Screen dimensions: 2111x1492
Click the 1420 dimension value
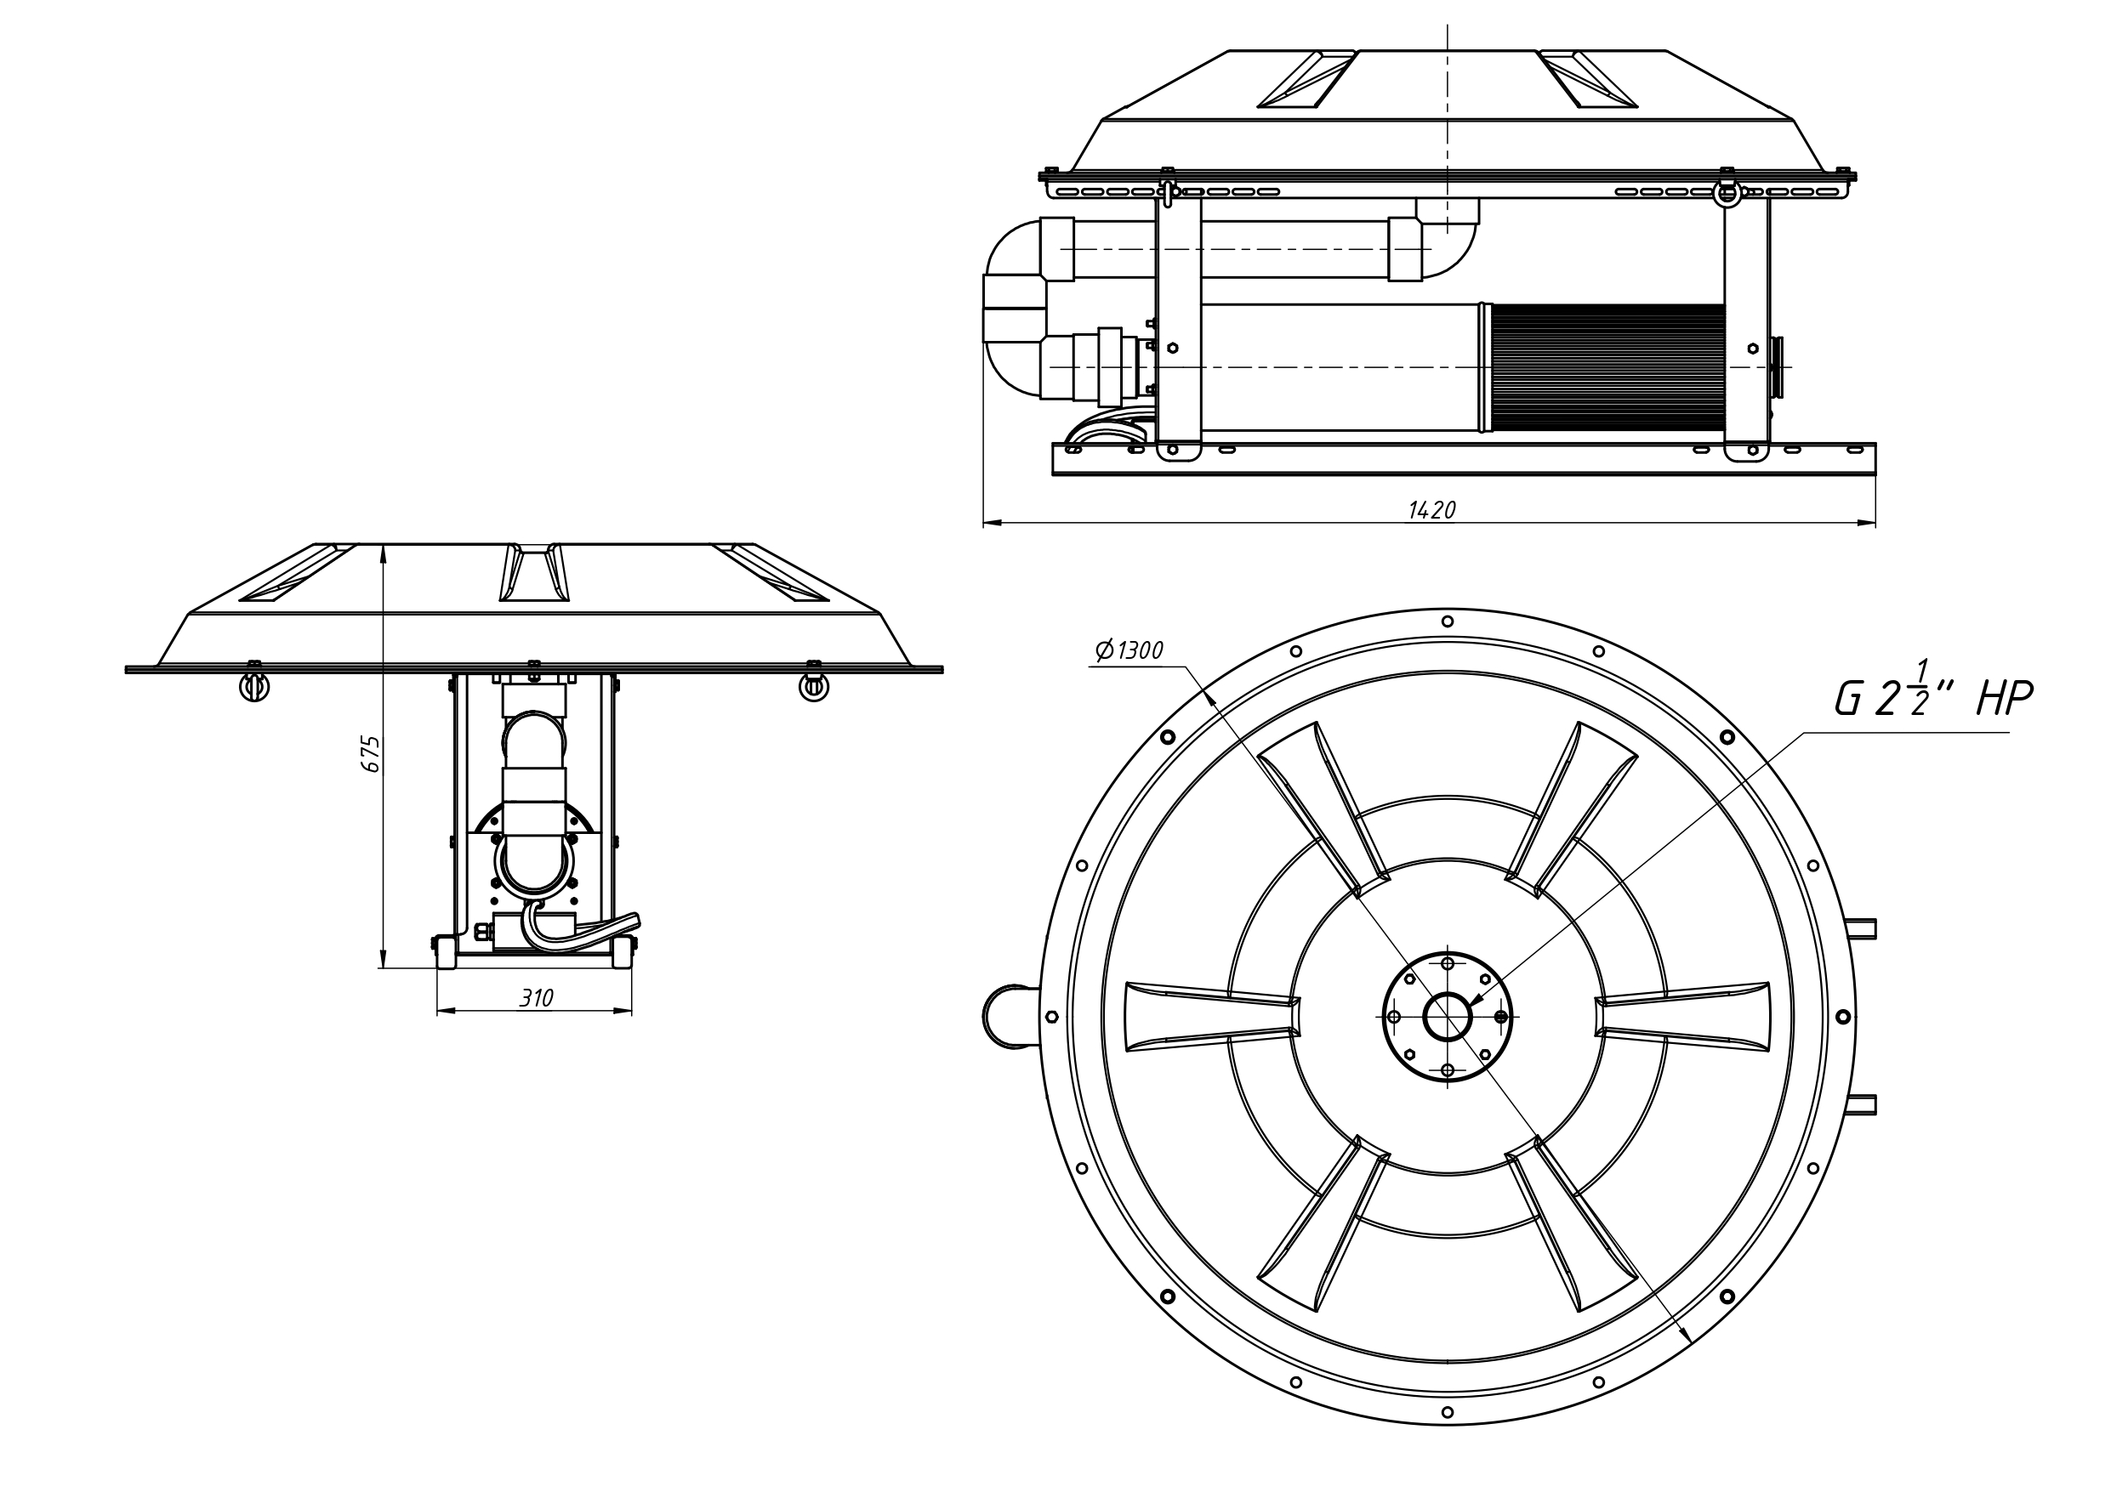coord(1431,510)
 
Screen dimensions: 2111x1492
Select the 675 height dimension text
coord(372,754)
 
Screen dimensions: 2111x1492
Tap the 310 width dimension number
coord(536,998)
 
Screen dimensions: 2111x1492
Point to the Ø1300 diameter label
coord(1129,651)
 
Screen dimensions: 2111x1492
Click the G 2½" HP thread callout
coord(1932,698)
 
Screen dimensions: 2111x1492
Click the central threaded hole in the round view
coord(1448,1017)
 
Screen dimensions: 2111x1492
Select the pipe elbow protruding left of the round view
coord(1011,1017)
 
